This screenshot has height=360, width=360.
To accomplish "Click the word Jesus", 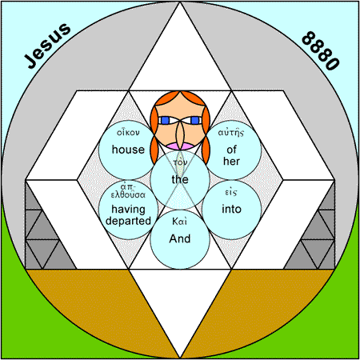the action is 47,46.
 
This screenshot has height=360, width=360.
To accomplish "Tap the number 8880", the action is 321,50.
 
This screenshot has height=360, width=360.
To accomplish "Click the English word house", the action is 128,150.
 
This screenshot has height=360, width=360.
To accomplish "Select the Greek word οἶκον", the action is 128,132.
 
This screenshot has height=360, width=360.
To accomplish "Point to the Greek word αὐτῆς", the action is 231,133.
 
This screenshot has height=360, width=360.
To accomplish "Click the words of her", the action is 231,155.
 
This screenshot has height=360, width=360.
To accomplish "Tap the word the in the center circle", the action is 180,179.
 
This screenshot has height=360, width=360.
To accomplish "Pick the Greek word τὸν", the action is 180,162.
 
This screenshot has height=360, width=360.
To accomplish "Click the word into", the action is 231,209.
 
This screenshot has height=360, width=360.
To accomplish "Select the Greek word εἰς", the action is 231,192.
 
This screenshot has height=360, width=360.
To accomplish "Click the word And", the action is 180,238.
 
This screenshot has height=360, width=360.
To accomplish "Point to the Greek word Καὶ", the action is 179,222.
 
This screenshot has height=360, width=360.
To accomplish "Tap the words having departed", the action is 128,215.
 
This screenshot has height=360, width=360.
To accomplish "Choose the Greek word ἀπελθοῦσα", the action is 128,191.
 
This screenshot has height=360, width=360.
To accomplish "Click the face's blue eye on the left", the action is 165,121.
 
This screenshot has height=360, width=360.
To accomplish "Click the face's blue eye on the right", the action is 195,121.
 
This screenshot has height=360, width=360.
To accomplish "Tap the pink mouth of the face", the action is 180,146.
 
